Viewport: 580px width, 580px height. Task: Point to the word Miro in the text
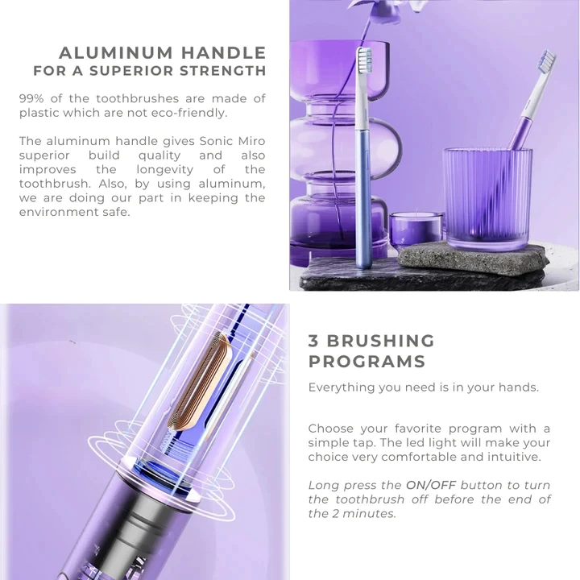click(x=249, y=141)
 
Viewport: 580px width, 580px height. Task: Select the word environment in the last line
click(x=56, y=212)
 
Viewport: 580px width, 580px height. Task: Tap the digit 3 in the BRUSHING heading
click(x=313, y=341)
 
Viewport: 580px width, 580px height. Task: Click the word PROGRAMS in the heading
click(x=367, y=361)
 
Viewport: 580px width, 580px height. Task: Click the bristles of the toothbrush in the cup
click(x=547, y=60)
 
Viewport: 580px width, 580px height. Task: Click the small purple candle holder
click(x=416, y=229)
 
